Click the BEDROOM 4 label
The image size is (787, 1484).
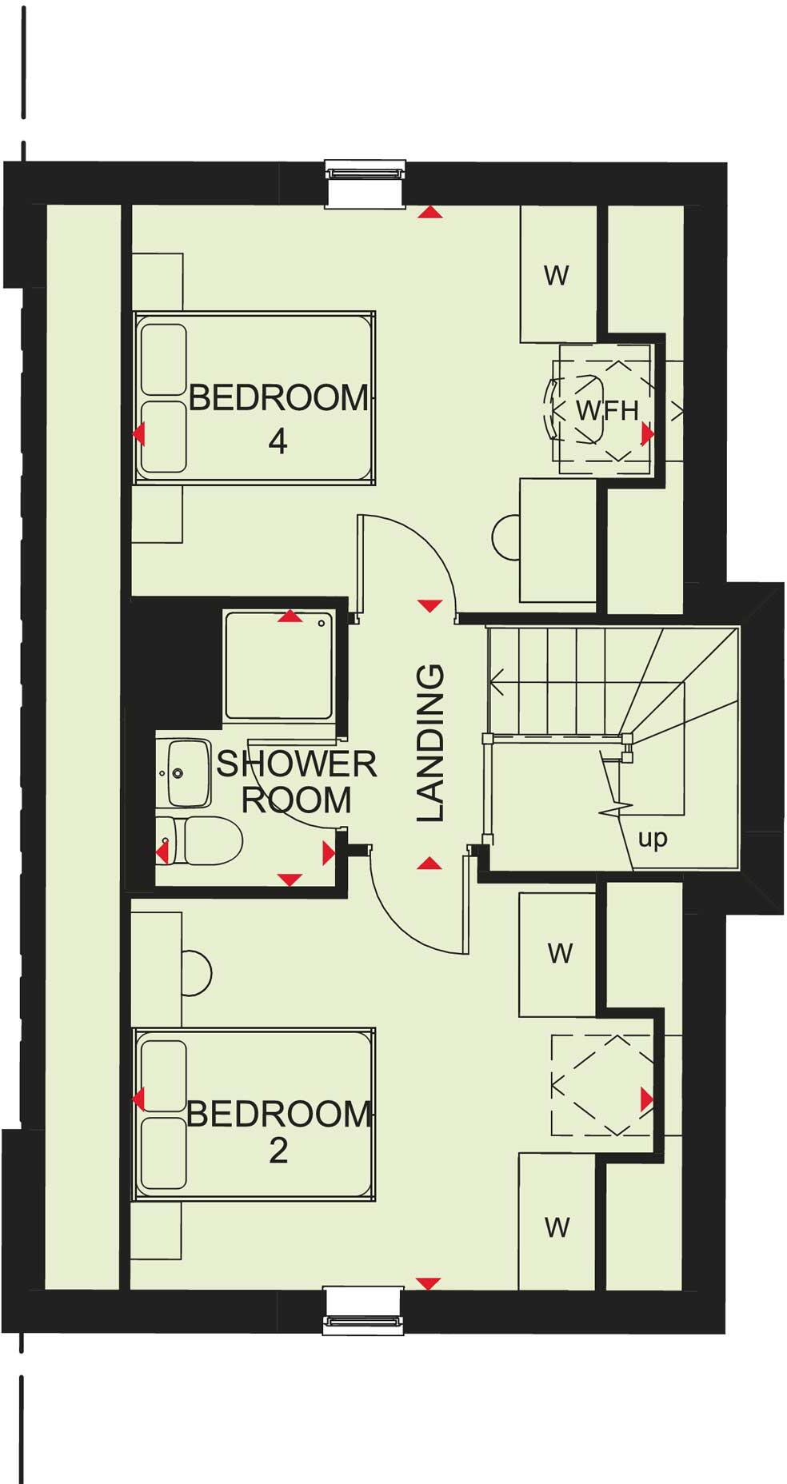(x=278, y=416)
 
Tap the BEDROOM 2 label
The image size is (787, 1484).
(x=278, y=1131)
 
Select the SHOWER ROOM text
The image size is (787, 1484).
(x=297, y=782)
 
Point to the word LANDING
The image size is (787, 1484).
(x=431, y=743)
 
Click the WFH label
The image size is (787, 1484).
(x=608, y=411)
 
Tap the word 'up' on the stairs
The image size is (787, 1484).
(x=653, y=839)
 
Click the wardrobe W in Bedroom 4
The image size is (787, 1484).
(x=557, y=276)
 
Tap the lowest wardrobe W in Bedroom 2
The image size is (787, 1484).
(x=557, y=1227)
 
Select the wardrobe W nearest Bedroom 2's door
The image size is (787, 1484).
(x=560, y=953)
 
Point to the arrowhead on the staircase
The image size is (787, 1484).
(x=497, y=683)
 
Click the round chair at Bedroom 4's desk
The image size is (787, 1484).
(x=506, y=537)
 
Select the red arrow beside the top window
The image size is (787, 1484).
(x=431, y=213)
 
